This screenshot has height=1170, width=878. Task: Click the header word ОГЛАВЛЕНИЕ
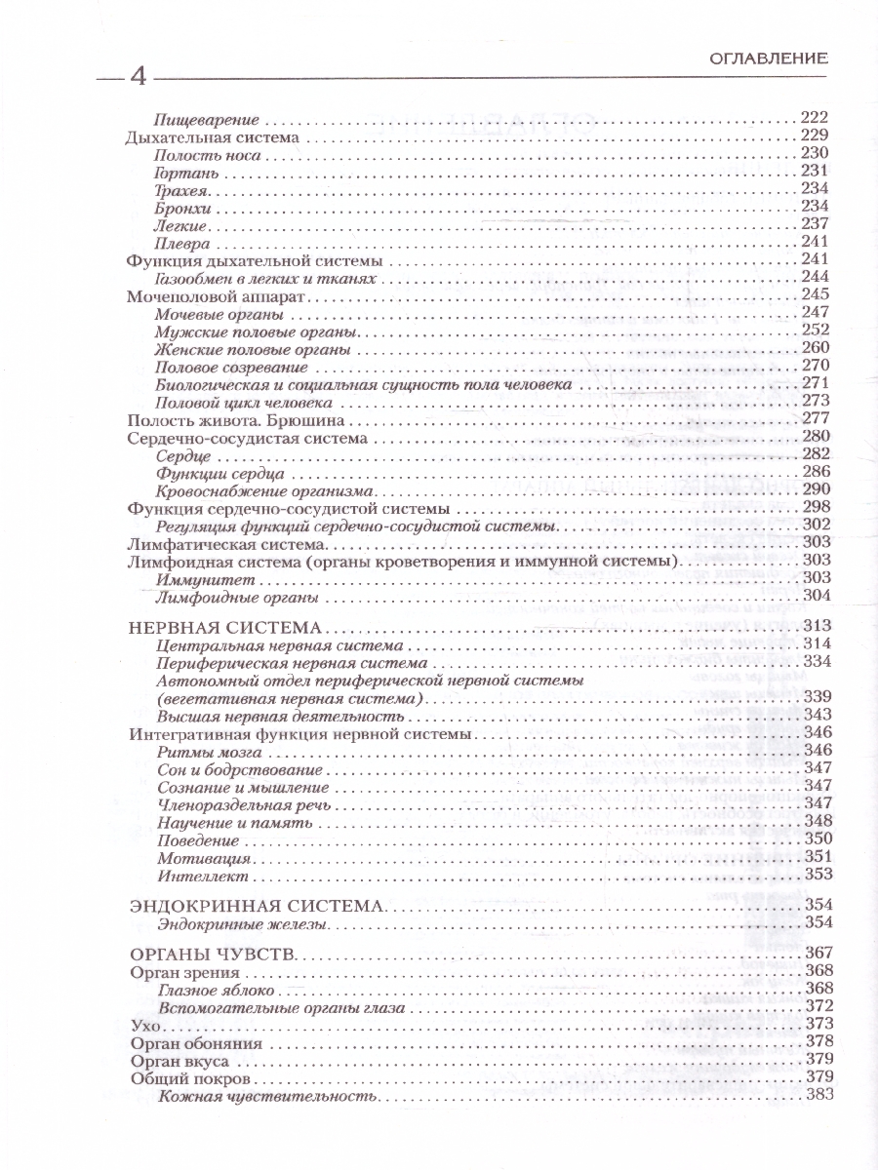(769, 58)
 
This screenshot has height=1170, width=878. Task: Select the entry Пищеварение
(207, 120)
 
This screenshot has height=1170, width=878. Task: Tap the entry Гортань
(183, 173)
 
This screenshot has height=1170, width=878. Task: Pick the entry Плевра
(182, 243)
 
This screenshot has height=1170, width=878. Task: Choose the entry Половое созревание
(231, 367)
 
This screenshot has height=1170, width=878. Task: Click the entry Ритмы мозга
(202, 751)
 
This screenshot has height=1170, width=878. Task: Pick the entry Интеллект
(195, 874)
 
